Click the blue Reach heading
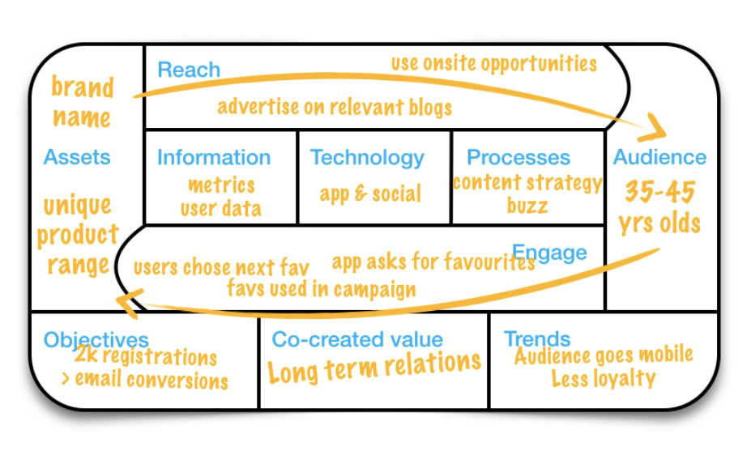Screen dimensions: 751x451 pyautogui.click(x=188, y=70)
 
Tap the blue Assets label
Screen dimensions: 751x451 pyautogui.click(x=77, y=157)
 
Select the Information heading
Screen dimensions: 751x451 pyautogui.click(x=213, y=157)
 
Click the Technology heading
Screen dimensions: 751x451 pyautogui.click(x=367, y=157)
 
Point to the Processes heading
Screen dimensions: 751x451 pyautogui.click(x=518, y=157)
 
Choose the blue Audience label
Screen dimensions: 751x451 pyautogui.click(x=659, y=157)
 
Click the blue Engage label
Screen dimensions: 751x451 pyautogui.click(x=549, y=253)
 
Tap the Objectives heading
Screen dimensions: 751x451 pyautogui.click(x=96, y=338)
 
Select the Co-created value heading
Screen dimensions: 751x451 pyautogui.click(x=357, y=339)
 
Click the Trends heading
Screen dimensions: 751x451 pyautogui.click(x=537, y=338)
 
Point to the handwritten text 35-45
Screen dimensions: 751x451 pyautogui.click(x=660, y=192)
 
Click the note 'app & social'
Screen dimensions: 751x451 pyautogui.click(x=370, y=194)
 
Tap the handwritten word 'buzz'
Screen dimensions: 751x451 pyautogui.click(x=527, y=205)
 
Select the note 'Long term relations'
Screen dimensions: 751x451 pyautogui.click(x=374, y=367)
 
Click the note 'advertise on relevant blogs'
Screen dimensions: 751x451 pyautogui.click(x=334, y=106)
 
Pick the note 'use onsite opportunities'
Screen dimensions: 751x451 pyautogui.click(x=493, y=63)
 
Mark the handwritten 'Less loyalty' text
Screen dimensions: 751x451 pyautogui.click(x=603, y=378)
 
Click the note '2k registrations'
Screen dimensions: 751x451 pyautogui.click(x=146, y=357)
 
